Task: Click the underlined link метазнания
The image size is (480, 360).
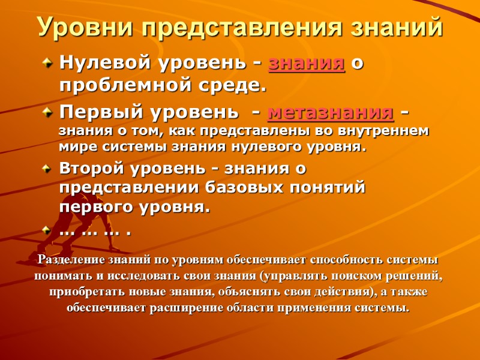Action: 330,112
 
